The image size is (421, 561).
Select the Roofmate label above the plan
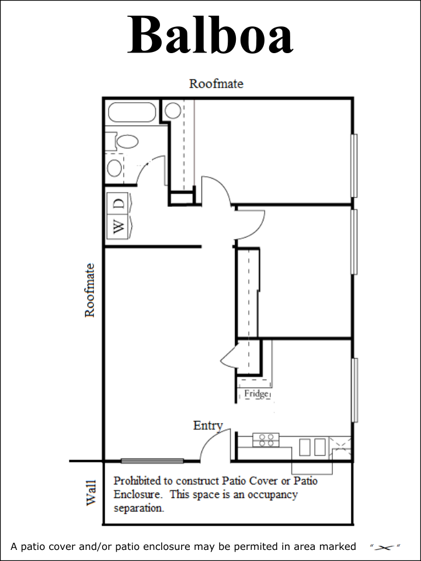[216, 83]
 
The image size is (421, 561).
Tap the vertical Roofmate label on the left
[89, 290]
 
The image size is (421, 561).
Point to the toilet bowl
[128, 141]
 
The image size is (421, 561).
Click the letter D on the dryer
[119, 204]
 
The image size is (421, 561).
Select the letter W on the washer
[119, 226]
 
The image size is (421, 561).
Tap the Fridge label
[256, 394]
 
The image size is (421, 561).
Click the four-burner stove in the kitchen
[266, 440]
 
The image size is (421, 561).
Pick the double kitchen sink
[312, 447]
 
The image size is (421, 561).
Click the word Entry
[208, 426]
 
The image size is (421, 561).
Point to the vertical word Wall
[91, 493]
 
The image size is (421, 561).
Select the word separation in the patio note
[139, 508]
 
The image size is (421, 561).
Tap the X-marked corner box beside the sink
[340, 447]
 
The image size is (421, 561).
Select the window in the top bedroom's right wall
[353, 166]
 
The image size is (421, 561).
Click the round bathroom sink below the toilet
[115, 168]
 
